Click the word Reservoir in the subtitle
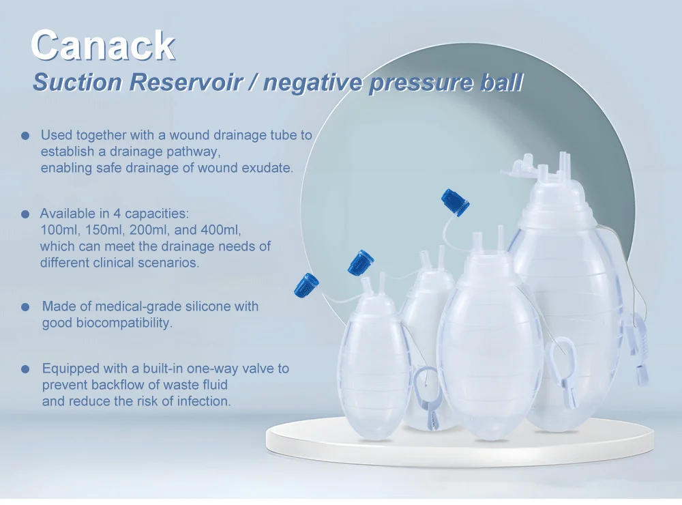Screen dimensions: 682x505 (x=186, y=82)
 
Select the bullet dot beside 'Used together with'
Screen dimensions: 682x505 (x=25, y=135)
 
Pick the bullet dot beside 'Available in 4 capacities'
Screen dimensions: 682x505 (x=25, y=214)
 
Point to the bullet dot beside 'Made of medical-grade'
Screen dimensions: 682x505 (x=25, y=307)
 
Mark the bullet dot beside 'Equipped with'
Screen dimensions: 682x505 (x=25, y=369)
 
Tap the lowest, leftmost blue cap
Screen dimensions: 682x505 (x=306, y=285)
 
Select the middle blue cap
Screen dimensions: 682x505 (x=361, y=263)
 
